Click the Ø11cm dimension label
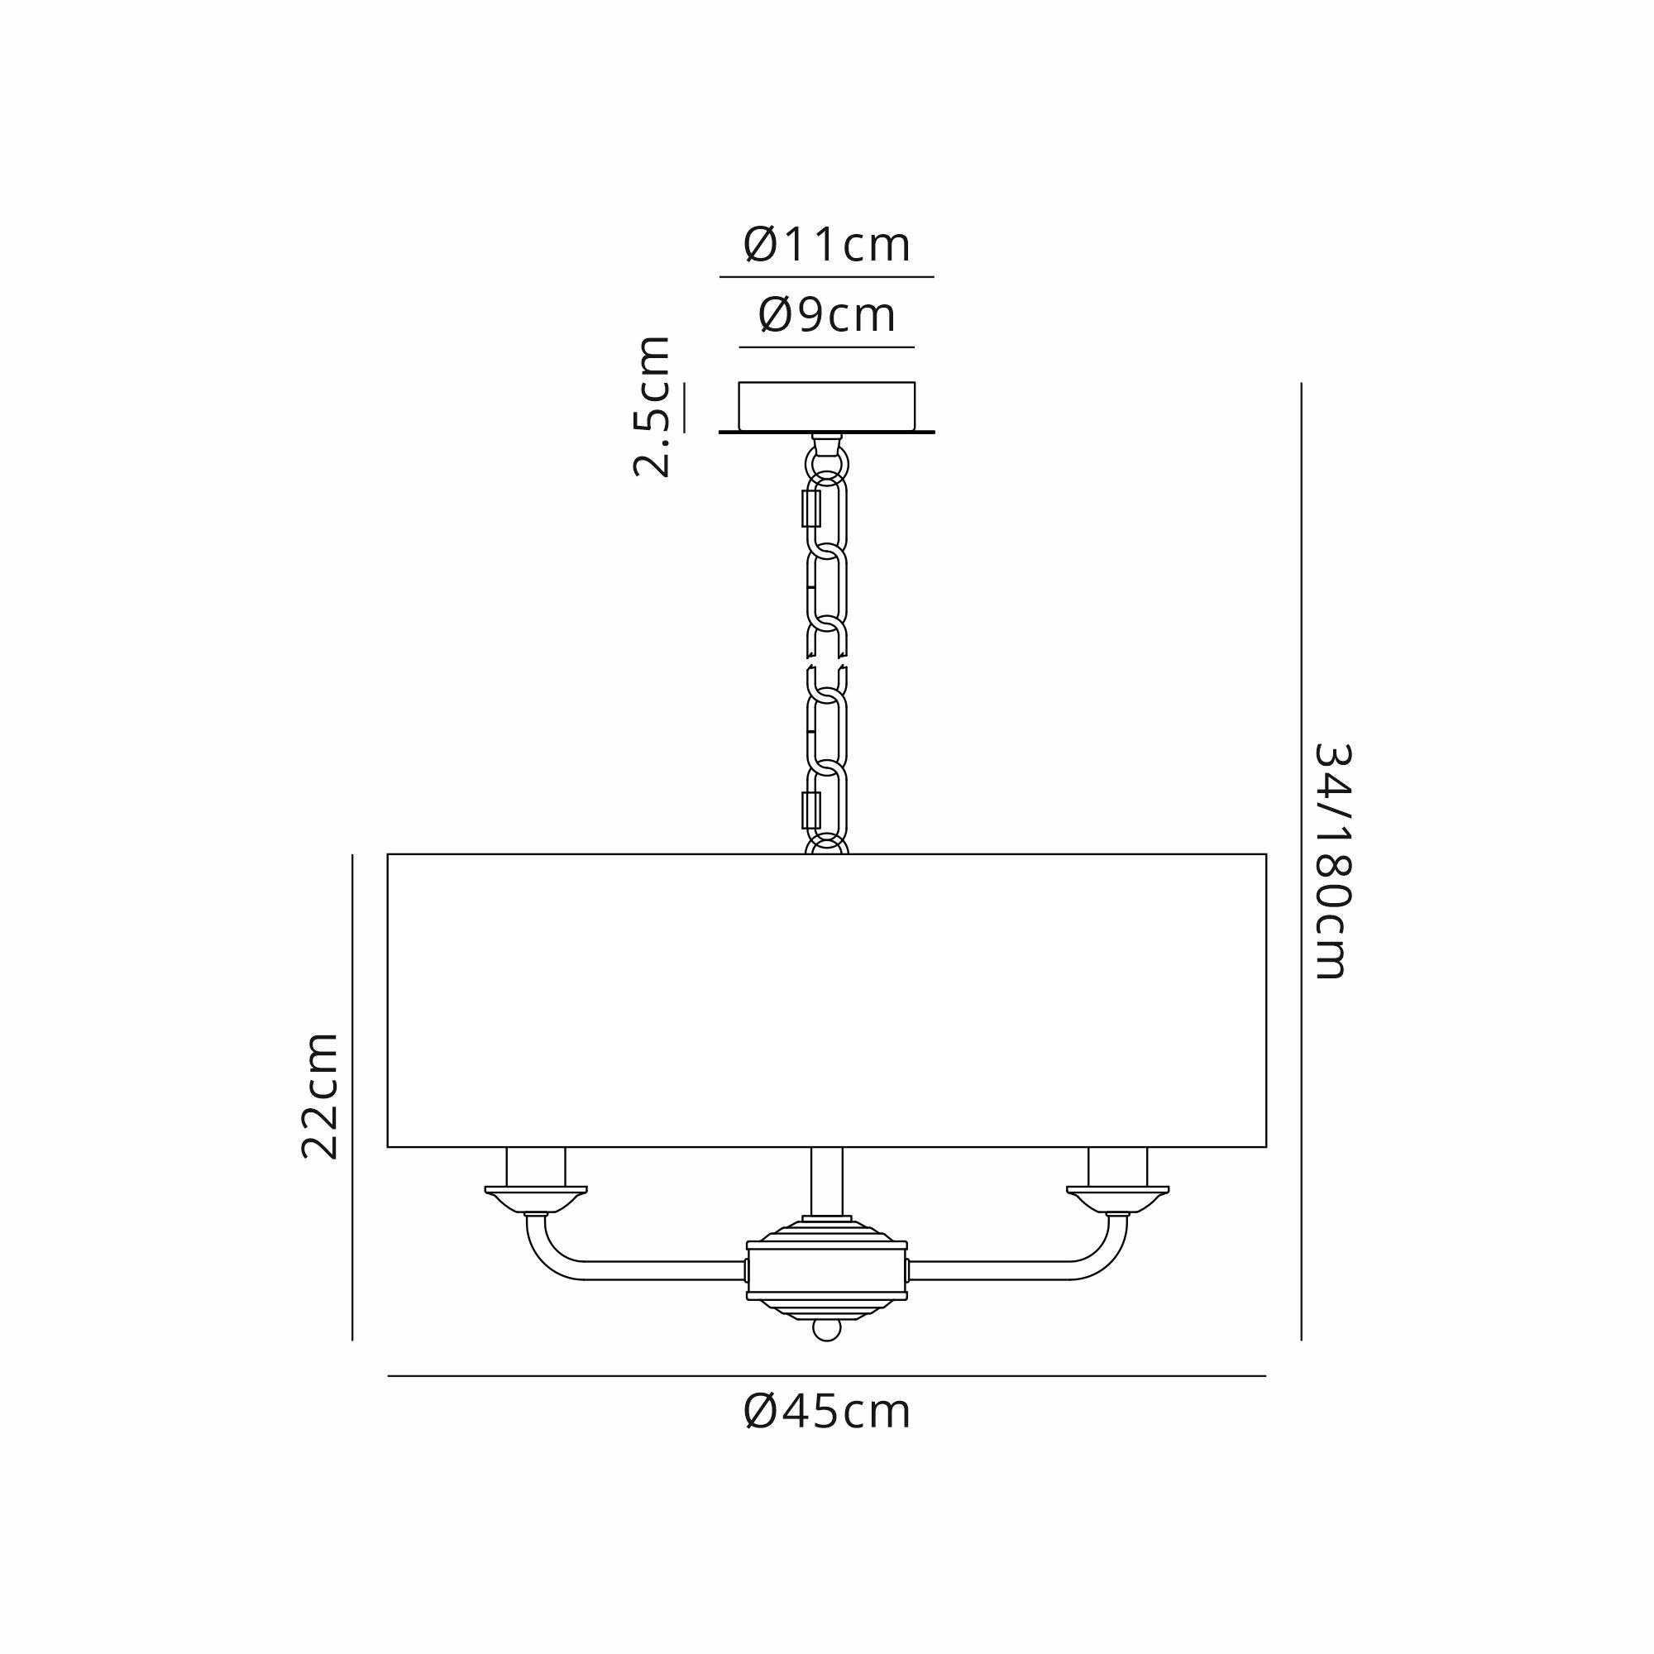827,245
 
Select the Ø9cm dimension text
827,315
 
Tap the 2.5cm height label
652,406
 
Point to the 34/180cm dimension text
1332,860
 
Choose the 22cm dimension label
320,1096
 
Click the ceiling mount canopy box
827,406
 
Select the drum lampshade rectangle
827,1000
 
